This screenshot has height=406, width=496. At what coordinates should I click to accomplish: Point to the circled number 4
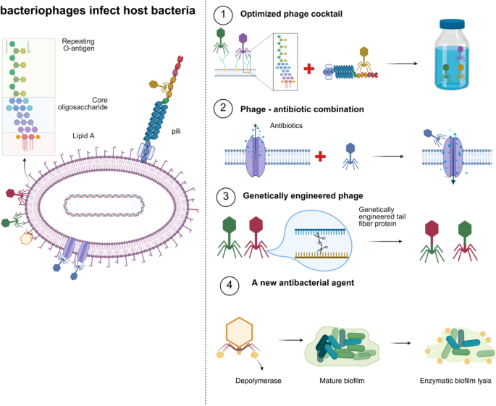(227, 284)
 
